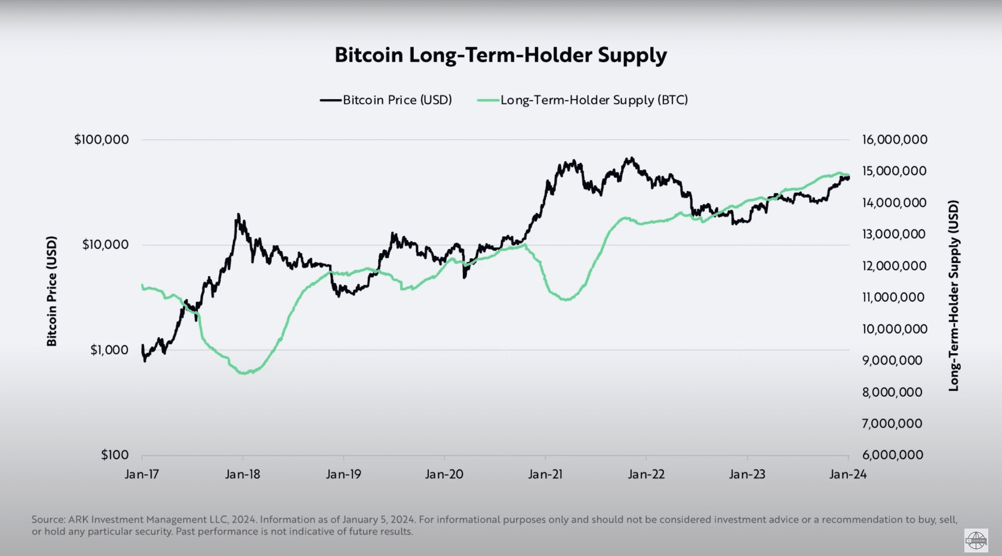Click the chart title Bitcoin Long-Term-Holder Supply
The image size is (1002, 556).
[x=500, y=55]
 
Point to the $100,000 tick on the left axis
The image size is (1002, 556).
[x=102, y=140]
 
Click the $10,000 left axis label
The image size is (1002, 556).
[x=105, y=245]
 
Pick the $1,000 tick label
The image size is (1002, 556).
[x=109, y=350]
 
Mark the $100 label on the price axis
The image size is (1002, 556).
[x=115, y=455]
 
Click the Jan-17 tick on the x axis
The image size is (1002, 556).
[x=142, y=474]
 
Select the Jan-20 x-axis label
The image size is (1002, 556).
[x=444, y=474]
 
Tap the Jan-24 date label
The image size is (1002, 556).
[x=848, y=474]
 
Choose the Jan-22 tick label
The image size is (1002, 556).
[x=646, y=474]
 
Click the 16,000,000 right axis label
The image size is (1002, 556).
[x=895, y=140]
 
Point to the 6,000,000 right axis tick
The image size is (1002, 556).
[x=893, y=455]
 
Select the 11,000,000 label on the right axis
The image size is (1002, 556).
[x=893, y=297]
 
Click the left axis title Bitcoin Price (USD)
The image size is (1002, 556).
[x=52, y=291]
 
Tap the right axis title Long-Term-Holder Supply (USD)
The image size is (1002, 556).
[x=954, y=296]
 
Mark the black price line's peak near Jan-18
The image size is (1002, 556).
[x=238, y=215]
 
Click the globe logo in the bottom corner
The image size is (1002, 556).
[x=976, y=540]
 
